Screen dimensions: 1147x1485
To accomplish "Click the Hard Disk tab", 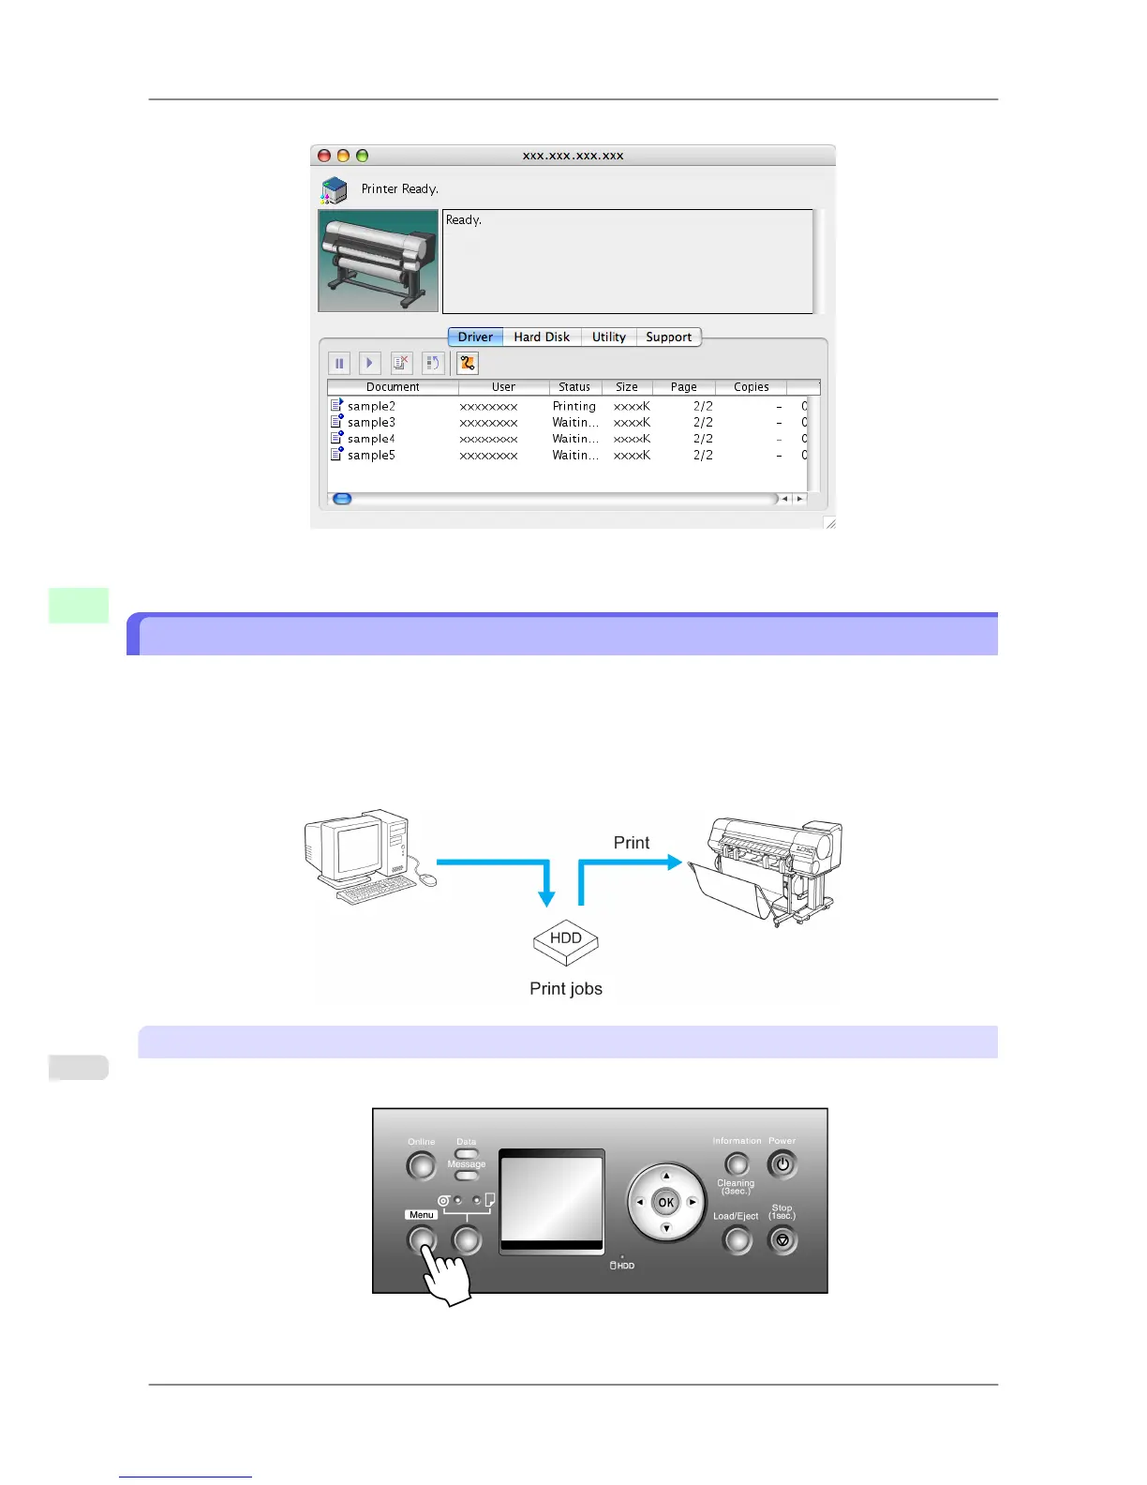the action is click(542, 337).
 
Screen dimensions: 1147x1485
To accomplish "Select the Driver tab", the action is click(475, 337).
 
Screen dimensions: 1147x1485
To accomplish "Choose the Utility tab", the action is click(608, 337).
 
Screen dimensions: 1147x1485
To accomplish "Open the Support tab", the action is click(668, 337).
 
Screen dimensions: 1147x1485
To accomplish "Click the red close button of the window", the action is click(324, 156).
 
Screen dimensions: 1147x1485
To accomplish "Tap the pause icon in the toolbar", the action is click(339, 363).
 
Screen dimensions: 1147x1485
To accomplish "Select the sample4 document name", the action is click(371, 439).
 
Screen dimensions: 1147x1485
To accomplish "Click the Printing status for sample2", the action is click(573, 407).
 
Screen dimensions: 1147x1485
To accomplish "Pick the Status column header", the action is click(574, 387).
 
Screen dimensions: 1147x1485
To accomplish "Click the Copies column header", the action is click(751, 387).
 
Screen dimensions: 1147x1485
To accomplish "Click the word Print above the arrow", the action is click(631, 843).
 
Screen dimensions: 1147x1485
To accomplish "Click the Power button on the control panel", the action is click(782, 1165).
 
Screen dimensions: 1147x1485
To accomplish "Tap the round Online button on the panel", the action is click(422, 1166).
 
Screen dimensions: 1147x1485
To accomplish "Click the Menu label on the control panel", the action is click(422, 1215).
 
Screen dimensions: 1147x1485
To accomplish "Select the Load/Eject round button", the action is click(737, 1240).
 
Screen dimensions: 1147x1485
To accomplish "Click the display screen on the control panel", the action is click(551, 1200).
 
